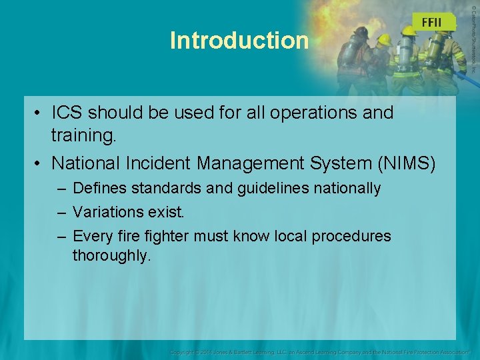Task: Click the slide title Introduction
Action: [x=239, y=41]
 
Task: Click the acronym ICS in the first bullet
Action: [x=69, y=113]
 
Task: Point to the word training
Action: [x=84, y=137]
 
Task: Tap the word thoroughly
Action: [x=112, y=256]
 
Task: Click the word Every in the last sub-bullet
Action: [x=90, y=237]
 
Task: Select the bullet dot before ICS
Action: [x=39, y=113]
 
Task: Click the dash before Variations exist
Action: [x=61, y=213]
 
